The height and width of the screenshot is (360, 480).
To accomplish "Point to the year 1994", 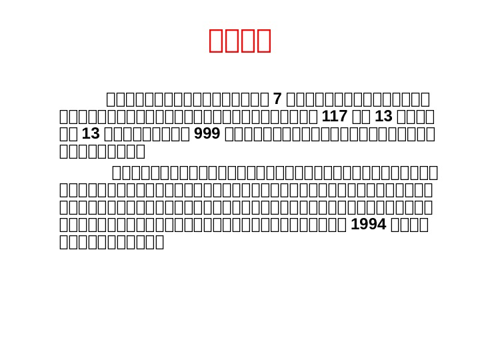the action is [x=368, y=224].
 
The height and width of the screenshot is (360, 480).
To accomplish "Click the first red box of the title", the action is [x=216, y=40].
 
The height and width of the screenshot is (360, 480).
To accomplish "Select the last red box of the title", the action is [x=263, y=40].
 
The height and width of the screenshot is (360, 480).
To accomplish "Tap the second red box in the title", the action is [x=232, y=40].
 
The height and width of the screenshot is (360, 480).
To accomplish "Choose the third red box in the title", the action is [x=247, y=40].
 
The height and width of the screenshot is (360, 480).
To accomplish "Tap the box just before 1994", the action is [x=343, y=224].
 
